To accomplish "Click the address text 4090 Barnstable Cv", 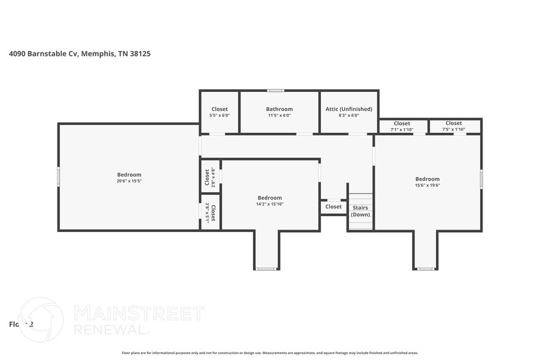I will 43,54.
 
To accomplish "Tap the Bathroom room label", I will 279,109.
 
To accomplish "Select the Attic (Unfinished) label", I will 349,109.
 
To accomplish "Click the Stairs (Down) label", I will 360,211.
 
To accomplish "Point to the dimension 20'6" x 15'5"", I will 129,181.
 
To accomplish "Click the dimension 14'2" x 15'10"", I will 269,204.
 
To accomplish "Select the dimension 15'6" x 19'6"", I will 427,186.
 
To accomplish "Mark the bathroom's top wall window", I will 276,91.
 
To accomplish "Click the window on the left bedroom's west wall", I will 59,176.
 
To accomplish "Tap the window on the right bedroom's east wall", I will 481,179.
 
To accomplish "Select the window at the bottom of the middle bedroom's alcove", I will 266,269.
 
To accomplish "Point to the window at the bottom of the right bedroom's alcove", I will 426,269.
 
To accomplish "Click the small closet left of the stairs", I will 334,207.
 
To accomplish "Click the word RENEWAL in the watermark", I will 111,329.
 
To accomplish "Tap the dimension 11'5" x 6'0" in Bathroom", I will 279,115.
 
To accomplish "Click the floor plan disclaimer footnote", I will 269,353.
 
